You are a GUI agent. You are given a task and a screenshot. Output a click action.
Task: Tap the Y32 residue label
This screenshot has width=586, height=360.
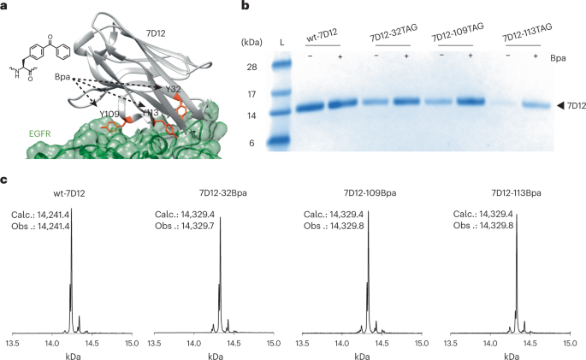tap(175, 88)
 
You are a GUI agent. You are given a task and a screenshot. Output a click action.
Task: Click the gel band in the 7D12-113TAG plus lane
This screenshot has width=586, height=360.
tap(534, 105)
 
